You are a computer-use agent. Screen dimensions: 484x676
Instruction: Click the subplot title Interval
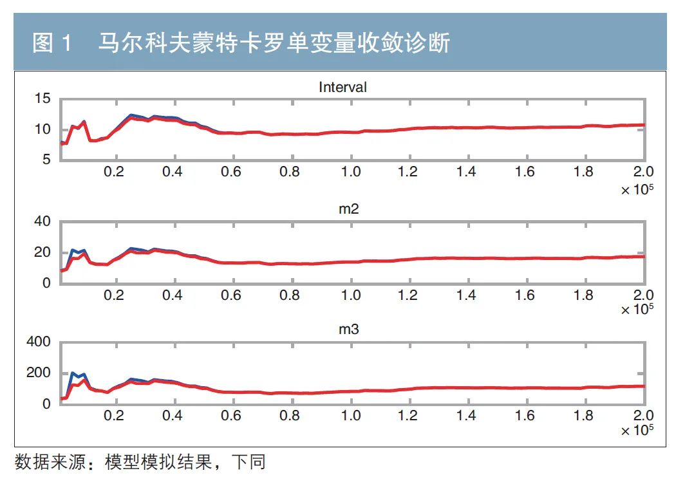click(x=343, y=87)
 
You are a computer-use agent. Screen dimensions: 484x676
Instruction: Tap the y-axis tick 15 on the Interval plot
click(x=42, y=98)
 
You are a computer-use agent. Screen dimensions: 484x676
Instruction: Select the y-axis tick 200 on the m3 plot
click(x=37, y=373)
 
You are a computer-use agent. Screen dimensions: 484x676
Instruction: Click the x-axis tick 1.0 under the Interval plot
click(x=350, y=172)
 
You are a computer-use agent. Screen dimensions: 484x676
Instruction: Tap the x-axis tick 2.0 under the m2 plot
click(x=643, y=295)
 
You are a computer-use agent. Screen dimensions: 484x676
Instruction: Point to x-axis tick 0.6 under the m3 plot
click(x=232, y=416)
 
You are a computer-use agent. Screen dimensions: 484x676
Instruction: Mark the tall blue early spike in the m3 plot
click(x=73, y=373)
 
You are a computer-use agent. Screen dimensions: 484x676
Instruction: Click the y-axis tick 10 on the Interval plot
click(x=42, y=129)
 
